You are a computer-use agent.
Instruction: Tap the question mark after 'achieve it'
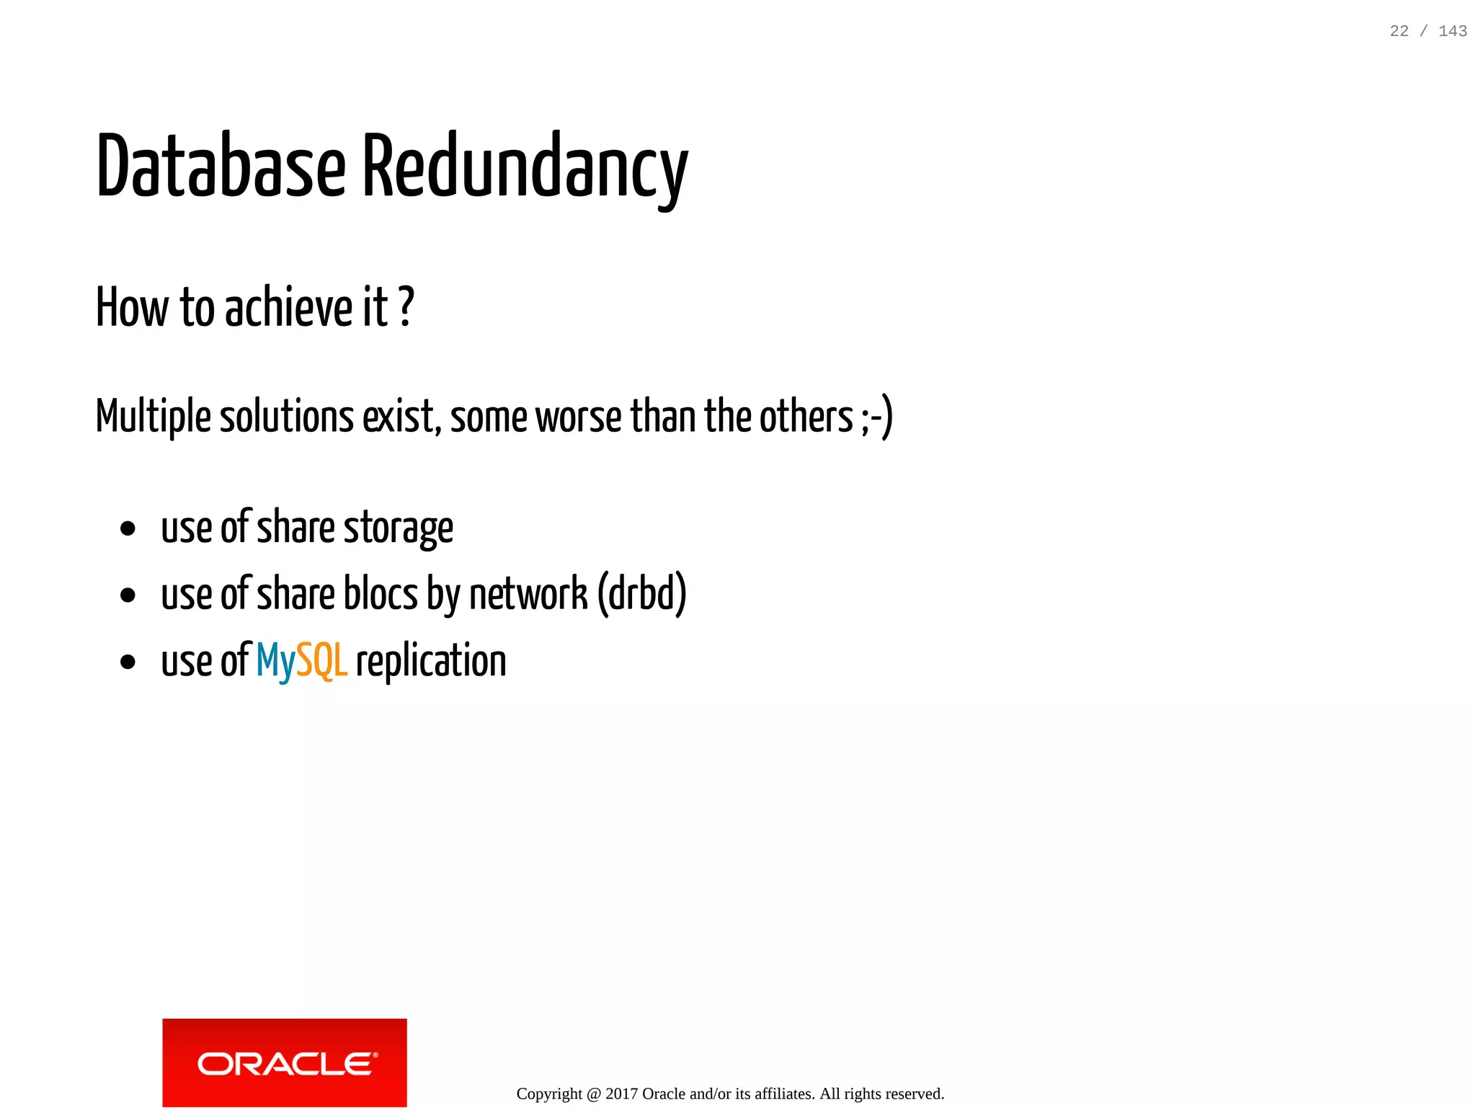pos(406,307)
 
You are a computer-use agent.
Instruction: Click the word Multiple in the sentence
pos(154,417)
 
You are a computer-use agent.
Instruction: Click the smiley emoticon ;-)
pos(876,417)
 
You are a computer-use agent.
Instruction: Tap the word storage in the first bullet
pos(399,528)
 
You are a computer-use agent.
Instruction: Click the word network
pos(528,595)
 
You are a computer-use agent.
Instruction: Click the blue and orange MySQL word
pos(302,661)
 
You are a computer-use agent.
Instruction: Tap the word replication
pos(431,661)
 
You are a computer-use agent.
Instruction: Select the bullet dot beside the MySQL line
pos(128,662)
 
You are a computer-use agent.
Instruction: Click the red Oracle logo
pos(285,1063)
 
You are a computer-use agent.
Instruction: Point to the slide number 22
pos(1399,31)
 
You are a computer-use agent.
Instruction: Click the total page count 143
pos(1452,31)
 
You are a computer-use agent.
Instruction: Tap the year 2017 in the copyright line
pos(621,1094)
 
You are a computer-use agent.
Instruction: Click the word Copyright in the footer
pos(549,1094)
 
